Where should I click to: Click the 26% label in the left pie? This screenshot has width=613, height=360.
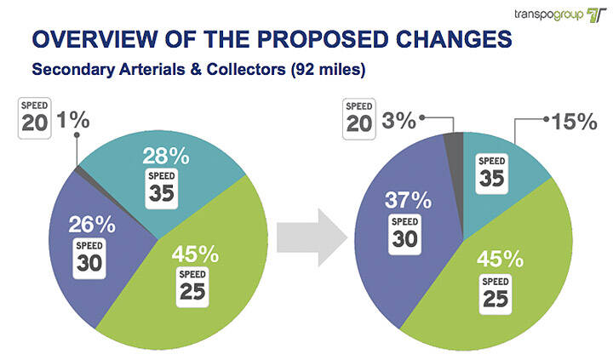(x=91, y=226)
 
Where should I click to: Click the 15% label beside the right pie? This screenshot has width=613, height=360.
(x=573, y=122)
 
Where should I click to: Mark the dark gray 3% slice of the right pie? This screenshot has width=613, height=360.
(x=454, y=141)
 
